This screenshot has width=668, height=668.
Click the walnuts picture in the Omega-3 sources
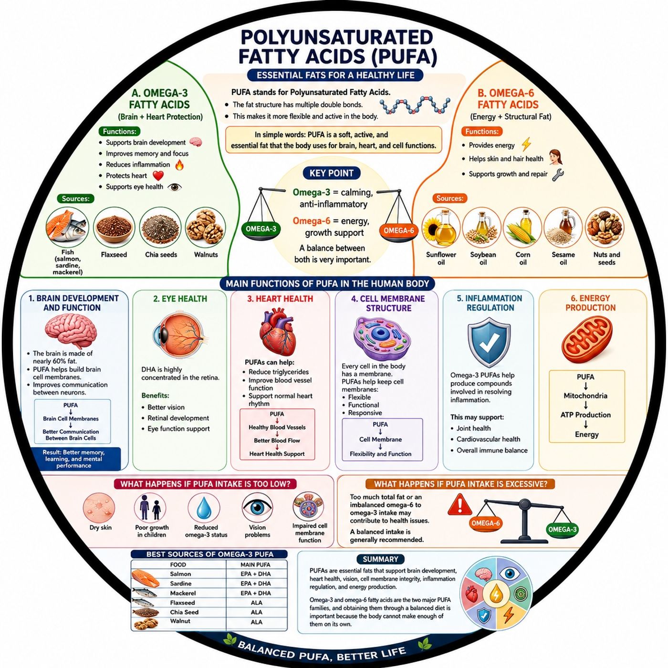pos(206,228)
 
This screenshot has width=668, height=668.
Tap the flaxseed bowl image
pos(114,228)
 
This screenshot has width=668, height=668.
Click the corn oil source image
pos(523,228)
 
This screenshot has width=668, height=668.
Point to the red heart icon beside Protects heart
pos(158,176)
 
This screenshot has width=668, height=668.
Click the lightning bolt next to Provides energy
pos(526,145)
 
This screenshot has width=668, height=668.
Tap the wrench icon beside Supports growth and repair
pos(558,174)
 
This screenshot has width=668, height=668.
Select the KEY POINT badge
pos(332,173)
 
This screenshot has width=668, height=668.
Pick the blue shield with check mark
pos(489,344)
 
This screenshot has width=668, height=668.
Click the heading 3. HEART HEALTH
pos(280,299)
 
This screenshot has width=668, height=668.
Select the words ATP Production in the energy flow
pos(585,415)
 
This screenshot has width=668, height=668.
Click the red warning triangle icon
pos(459,505)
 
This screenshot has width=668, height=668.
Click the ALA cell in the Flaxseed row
pos(257,603)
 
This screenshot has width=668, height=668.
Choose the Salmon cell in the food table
pos(180,574)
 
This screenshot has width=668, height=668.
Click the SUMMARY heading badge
pos(380,559)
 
